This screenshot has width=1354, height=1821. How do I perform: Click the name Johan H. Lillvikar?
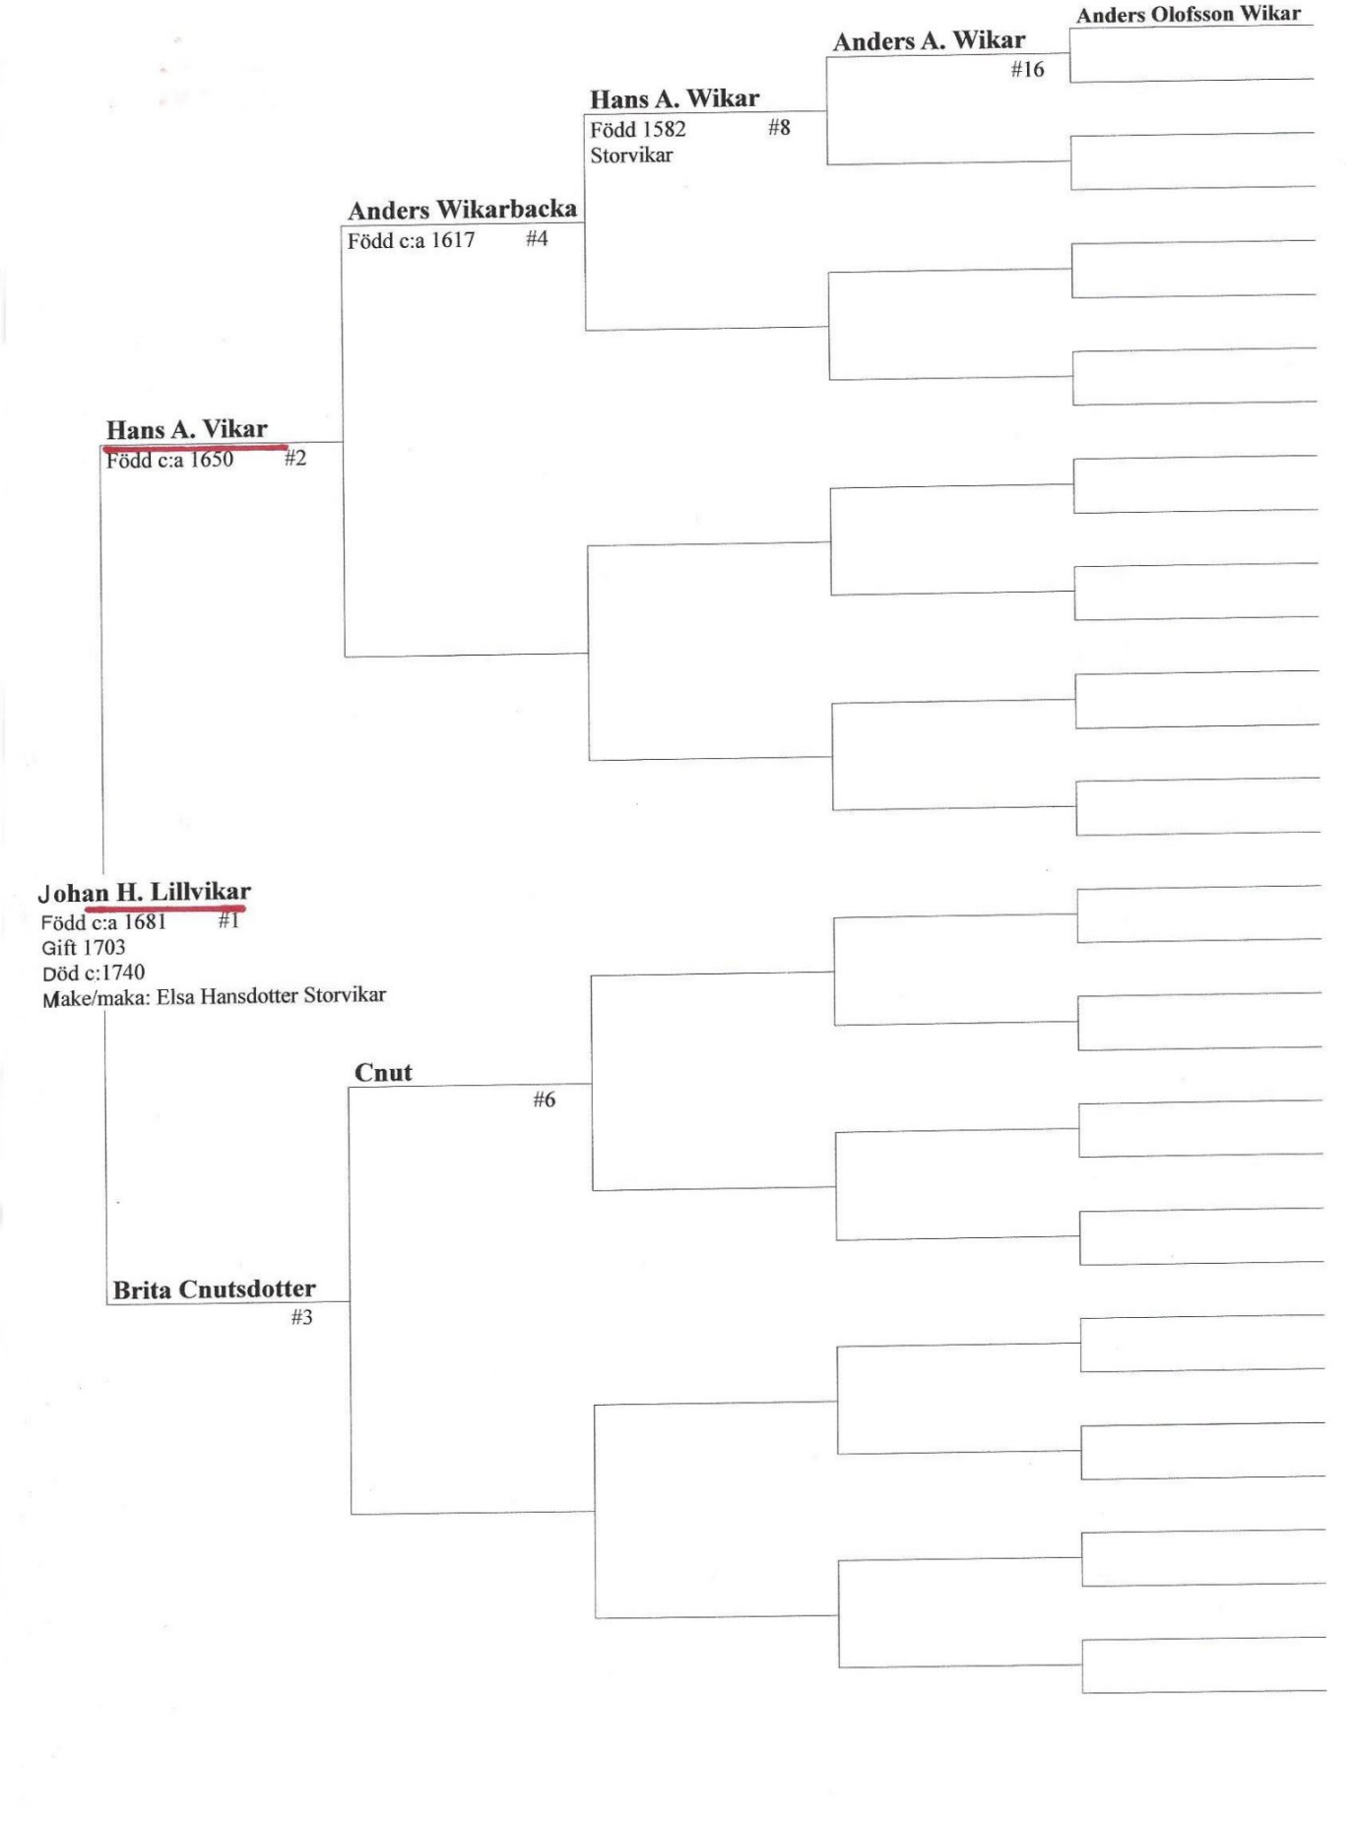click(x=144, y=892)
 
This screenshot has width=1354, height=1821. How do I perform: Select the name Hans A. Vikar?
click(x=187, y=429)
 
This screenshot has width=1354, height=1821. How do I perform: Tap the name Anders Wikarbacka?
click(x=462, y=209)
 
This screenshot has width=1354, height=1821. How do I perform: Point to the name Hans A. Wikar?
click(x=675, y=98)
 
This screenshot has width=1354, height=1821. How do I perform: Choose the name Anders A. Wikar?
click(x=929, y=40)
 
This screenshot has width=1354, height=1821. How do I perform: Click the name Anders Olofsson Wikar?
click(x=1189, y=14)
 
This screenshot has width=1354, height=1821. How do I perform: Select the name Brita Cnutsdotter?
click(x=214, y=1289)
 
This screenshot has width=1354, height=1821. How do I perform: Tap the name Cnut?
click(x=383, y=1072)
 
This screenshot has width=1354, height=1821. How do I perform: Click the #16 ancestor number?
click(x=1027, y=69)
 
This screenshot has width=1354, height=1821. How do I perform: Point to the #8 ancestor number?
click(x=779, y=127)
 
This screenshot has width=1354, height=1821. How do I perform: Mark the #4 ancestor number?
click(x=537, y=238)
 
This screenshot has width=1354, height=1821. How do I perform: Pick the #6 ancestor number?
click(x=544, y=1099)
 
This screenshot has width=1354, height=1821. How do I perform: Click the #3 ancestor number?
click(x=301, y=1317)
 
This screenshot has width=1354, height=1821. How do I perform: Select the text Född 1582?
click(x=638, y=129)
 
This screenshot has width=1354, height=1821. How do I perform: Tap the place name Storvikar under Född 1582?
click(x=631, y=155)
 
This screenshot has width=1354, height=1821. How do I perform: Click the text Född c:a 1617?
click(x=411, y=240)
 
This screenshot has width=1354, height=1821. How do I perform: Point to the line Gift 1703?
click(x=84, y=947)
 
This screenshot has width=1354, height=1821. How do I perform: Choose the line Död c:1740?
click(x=94, y=973)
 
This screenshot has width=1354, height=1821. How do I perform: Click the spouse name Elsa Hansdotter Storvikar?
click(x=271, y=995)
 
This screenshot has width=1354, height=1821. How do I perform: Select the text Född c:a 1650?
click(x=170, y=460)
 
